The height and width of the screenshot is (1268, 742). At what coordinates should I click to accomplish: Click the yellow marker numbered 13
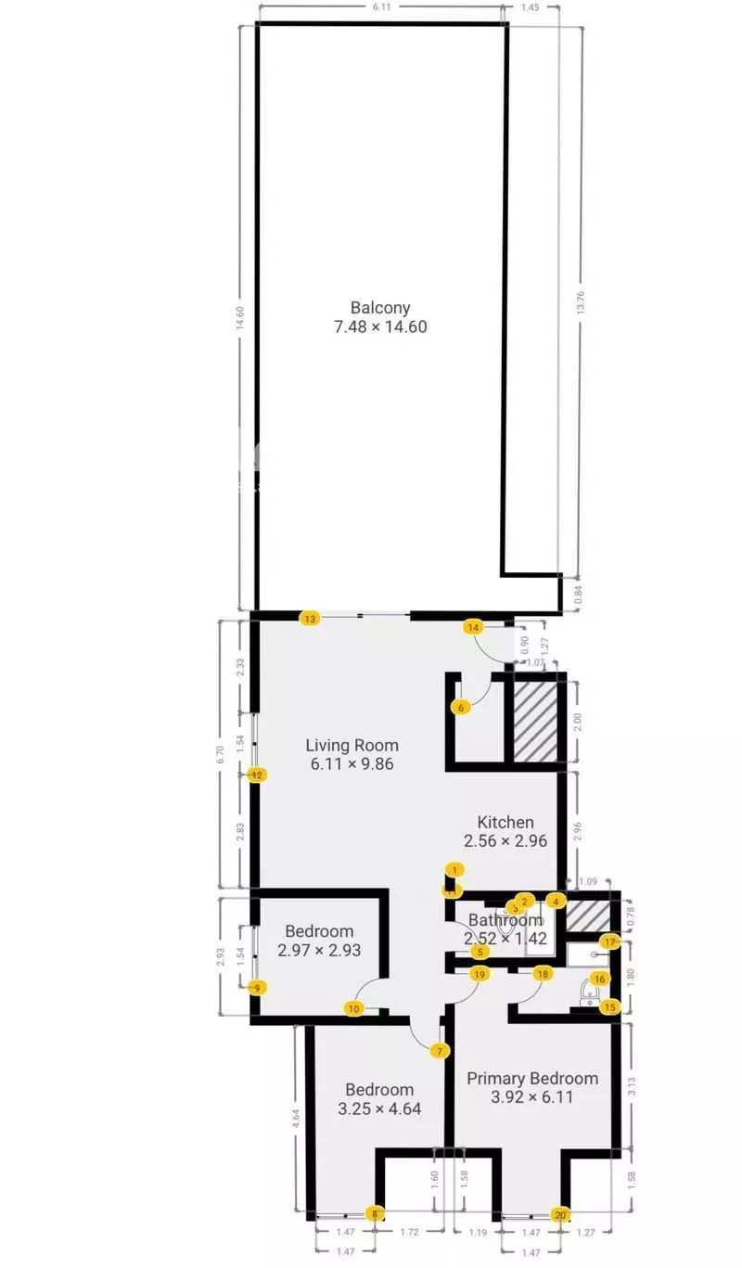click(310, 619)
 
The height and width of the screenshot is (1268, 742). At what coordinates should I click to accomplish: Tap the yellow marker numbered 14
click(474, 628)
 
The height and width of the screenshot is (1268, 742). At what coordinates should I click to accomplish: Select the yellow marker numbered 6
click(462, 708)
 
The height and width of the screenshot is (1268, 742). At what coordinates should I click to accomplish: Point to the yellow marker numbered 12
click(258, 775)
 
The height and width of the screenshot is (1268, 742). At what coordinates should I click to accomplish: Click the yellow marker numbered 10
click(353, 1009)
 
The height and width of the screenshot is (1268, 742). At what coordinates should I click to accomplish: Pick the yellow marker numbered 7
click(440, 1051)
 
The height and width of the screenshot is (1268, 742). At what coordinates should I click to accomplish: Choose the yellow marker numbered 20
click(560, 1215)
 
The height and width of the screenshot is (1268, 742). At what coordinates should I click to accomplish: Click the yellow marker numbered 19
click(479, 974)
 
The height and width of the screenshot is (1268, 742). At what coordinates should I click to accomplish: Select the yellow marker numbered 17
click(609, 941)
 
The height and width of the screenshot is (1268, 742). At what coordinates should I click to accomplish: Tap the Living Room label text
click(352, 745)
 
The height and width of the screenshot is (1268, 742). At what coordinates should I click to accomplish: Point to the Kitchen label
click(505, 822)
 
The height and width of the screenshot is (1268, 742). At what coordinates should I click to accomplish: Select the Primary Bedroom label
click(532, 1078)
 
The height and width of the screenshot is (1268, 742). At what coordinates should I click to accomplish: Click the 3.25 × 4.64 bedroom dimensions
click(379, 1108)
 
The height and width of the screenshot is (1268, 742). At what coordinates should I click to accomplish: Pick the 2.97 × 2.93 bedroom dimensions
click(319, 950)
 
